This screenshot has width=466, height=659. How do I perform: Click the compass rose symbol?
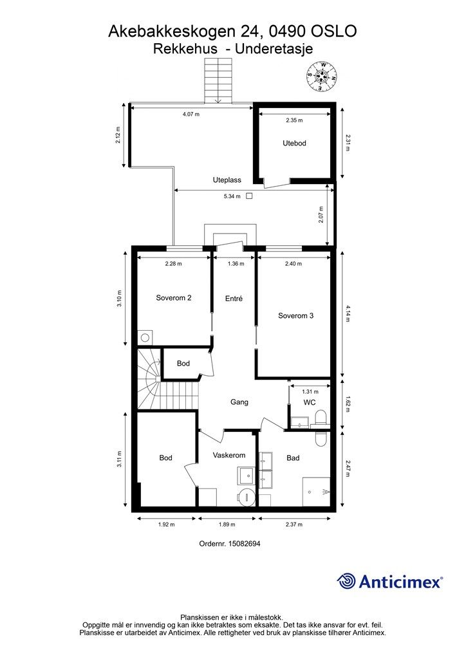tap(322, 76)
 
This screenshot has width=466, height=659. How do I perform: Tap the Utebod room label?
tap(294, 144)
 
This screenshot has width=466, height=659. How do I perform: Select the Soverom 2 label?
tap(174, 298)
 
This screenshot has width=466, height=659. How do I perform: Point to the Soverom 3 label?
tap(296, 315)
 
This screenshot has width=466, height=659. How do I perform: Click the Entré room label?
tap(234, 299)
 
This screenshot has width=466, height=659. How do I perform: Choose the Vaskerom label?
tap(229, 455)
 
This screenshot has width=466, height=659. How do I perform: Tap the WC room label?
tap(310, 402)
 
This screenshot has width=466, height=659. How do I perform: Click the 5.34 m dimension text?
tap(232, 196)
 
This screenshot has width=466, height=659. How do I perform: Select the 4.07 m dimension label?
tap(191, 114)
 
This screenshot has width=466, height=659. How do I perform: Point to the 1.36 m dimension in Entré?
tap(236, 264)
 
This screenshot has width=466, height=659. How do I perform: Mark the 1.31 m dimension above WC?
tap(310, 392)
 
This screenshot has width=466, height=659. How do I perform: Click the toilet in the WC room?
tap(321, 418)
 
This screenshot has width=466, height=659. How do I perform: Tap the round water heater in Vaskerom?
tap(246, 497)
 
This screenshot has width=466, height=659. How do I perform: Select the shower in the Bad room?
tap(316, 491)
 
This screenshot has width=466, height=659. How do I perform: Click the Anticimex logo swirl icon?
tap(346, 581)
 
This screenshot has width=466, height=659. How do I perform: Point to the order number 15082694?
tap(244, 543)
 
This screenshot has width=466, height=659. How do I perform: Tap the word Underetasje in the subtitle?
tap(274, 49)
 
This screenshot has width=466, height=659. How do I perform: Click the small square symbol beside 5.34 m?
tap(249, 196)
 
